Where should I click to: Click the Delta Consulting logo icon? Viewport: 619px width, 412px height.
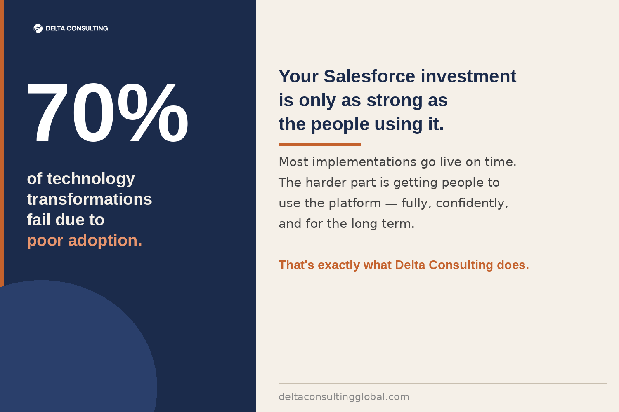[x=38, y=28]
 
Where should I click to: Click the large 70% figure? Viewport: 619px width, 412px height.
[x=108, y=112]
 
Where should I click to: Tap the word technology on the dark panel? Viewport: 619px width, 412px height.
[x=91, y=179]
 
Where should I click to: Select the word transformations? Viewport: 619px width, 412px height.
[x=90, y=199]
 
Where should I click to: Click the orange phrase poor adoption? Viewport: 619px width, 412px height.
[x=85, y=241]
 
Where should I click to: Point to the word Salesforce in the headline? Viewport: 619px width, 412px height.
[x=369, y=76]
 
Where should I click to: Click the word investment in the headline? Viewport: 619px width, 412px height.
[x=468, y=76]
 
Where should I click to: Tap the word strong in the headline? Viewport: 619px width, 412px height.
[x=395, y=101]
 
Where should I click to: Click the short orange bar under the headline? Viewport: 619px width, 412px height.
[x=320, y=145]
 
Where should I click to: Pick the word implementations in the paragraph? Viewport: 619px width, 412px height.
[x=364, y=162]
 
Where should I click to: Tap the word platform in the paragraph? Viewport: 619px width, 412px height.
[x=355, y=204]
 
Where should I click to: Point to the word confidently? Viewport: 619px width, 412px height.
[x=472, y=204]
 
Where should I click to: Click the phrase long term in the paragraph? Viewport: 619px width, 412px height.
[x=383, y=224]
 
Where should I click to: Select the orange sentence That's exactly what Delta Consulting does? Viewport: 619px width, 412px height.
[x=404, y=265]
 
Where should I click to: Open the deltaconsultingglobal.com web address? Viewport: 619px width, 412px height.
[x=344, y=397]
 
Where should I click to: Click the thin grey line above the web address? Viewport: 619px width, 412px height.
[x=443, y=384]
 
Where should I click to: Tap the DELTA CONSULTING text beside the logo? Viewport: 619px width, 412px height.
[x=77, y=28]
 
